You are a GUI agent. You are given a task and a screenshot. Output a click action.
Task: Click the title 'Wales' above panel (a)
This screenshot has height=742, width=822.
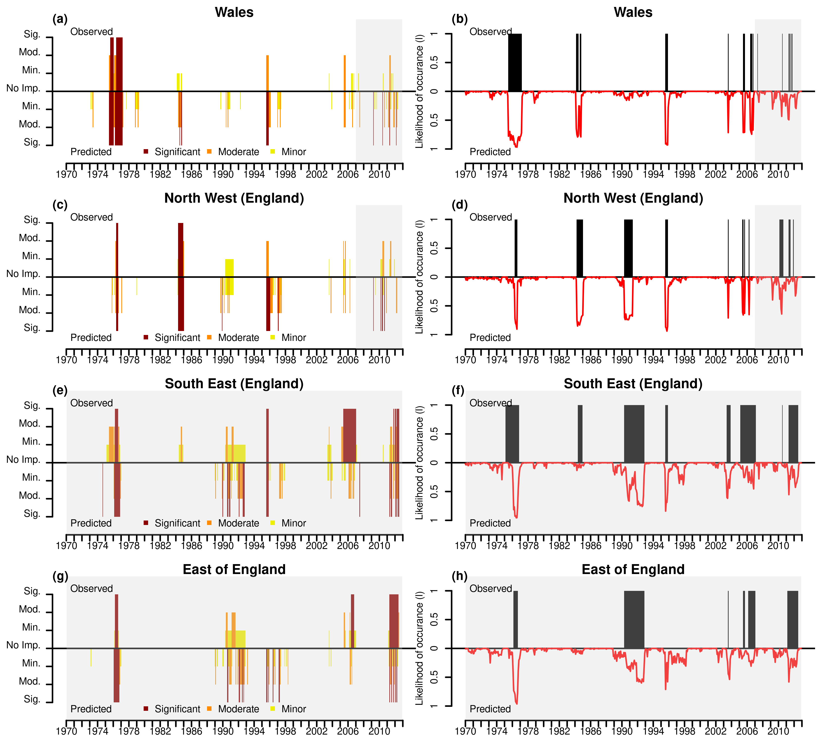[234, 12]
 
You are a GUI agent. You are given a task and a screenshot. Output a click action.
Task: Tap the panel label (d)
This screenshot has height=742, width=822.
[460, 205]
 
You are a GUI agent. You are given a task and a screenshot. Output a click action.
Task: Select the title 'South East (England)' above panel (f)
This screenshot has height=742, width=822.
[633, 384]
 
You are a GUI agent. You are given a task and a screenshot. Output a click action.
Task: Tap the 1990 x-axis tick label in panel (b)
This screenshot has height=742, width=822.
[622, 174]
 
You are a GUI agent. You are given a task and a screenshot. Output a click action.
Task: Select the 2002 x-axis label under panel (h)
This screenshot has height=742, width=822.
[716, 731]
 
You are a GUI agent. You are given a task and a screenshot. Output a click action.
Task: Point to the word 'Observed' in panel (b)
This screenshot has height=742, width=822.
[490, 32]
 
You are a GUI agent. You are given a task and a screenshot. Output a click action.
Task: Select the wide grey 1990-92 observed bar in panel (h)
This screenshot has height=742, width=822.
[634, 620]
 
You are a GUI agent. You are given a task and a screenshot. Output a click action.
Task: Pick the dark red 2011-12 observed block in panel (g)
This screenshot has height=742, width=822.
[394, 620]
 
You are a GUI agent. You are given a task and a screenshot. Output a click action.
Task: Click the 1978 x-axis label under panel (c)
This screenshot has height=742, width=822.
[129, 360]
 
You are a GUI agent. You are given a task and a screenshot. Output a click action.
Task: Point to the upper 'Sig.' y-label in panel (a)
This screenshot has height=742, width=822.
[32, 34]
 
